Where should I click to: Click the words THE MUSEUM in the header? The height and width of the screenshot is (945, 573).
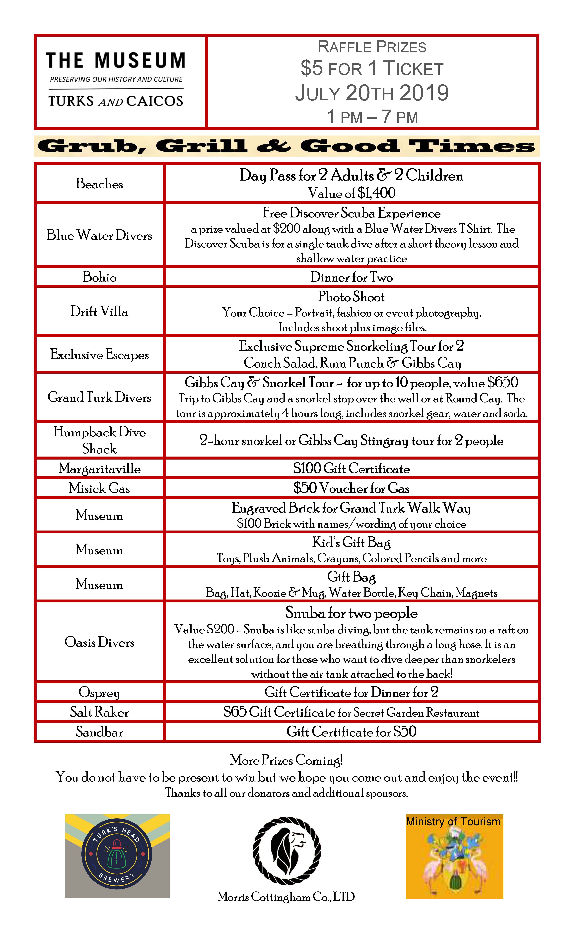(x=116, y=61)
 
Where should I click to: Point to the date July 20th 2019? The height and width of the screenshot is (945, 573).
(x=372, y=93)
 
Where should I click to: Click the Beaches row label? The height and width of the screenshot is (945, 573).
(x=99, y=184)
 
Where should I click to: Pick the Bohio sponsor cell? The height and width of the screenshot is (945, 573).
(x=99, y=277)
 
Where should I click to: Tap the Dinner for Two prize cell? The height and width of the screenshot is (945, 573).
(x=351, y=277)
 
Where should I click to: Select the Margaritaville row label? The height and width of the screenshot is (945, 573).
(x=99, y=468)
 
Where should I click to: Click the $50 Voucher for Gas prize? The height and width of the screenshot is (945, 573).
(x=351, y=488)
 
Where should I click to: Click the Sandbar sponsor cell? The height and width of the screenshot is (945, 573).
(x=99, y=732)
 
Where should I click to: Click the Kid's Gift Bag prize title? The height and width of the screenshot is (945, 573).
(x=351, y=542)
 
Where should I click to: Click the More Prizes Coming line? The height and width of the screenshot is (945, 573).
(x=286, y=760)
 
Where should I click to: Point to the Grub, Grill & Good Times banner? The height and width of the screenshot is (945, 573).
(x=286, y=146)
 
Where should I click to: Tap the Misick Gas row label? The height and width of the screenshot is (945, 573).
(x=99, y=488)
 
